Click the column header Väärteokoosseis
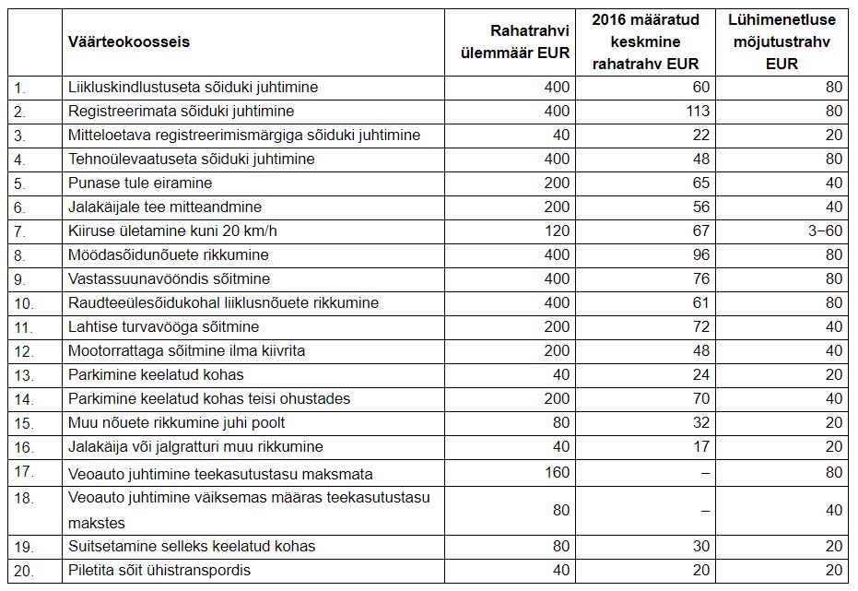129,42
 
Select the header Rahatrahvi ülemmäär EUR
515,41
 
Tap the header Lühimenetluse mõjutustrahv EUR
782,41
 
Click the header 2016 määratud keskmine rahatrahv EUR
646,41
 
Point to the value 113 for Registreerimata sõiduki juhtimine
698,111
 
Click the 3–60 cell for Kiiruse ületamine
825,230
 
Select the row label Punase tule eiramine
139,183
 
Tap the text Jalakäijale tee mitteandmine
165,207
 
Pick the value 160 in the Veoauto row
557,472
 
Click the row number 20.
24,571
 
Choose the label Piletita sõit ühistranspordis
159,570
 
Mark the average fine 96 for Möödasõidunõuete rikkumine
701,255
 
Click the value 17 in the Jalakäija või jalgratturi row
701,446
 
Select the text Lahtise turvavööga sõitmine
164,326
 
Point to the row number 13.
24,375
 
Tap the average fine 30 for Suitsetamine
701,546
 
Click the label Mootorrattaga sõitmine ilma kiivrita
186,350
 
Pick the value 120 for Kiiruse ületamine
557,230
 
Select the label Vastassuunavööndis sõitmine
169,279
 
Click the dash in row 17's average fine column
705,473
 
